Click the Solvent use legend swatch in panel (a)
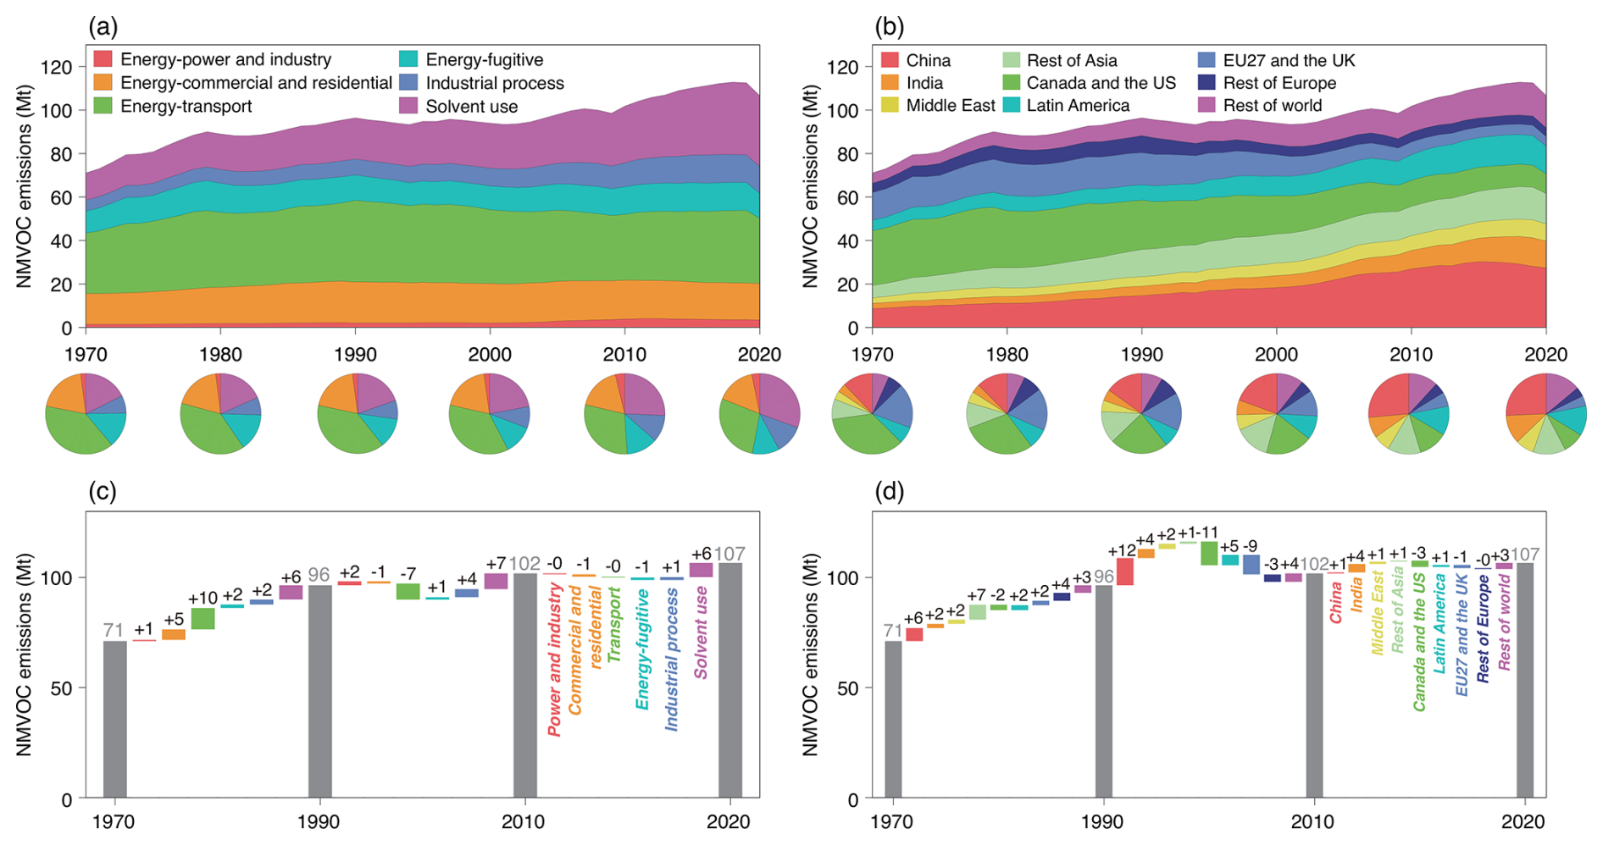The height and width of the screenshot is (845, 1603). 409,106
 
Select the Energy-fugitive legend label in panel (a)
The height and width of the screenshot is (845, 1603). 484,59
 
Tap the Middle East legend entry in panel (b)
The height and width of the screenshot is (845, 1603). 951,106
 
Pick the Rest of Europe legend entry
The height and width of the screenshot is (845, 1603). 1279,83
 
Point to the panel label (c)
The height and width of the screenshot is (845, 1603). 102,492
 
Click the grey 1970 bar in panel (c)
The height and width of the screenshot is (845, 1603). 114,720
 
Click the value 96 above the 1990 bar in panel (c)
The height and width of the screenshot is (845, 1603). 319,575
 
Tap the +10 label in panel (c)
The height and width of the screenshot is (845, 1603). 202,599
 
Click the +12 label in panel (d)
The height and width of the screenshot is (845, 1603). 1123,551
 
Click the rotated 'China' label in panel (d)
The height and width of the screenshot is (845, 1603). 1336,602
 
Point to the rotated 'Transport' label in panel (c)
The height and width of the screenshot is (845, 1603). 614,625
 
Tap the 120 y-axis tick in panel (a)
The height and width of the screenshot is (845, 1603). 58,67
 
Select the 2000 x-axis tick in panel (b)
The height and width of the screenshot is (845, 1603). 1276,354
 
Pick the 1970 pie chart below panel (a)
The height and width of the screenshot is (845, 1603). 86,414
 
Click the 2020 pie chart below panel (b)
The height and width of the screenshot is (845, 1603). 1545,414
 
